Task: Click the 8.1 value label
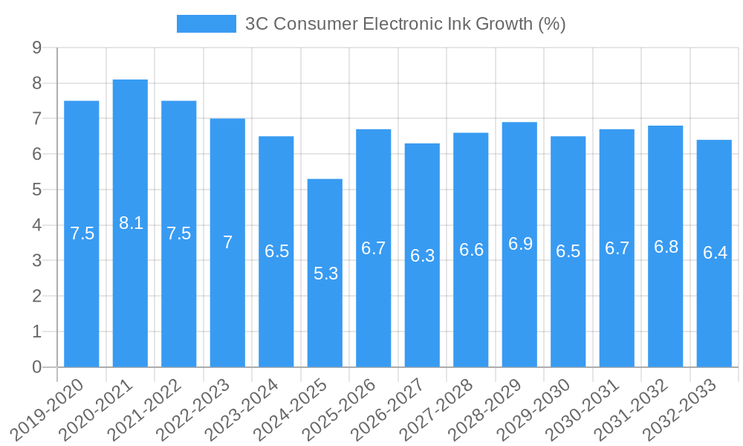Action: tap(131, 223)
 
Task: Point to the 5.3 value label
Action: tap(325, 274)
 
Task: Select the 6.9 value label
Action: tap(520, 244)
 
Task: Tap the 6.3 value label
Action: tap(422, 256)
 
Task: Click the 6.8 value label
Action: tap(666, 247)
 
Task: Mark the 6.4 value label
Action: tap(715, 253)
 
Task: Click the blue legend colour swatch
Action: tap(206, 24)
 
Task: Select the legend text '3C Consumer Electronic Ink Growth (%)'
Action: tap(405, 24)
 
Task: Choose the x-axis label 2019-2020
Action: tap(48, 408)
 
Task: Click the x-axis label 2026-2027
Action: tap(389, 408)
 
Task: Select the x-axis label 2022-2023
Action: tap(194, 408)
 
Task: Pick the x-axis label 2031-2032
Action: tap(632, 408)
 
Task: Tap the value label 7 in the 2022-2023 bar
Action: tap(227, 242)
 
